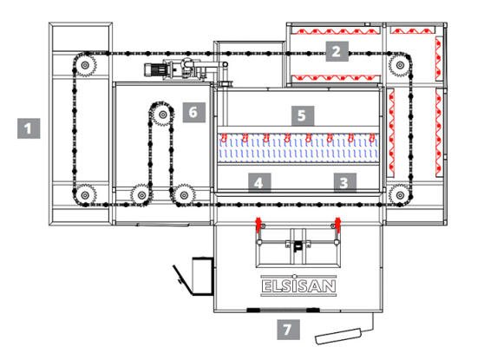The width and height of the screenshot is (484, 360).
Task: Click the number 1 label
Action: pyautogui.click(x=30, y=129)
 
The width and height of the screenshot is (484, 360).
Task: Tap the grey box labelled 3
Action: pyautogui.click(x=343, y=182)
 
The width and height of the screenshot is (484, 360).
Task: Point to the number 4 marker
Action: pyautogui.click(x=258, y=182)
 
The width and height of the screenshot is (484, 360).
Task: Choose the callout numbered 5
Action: pyautogui.click(x=300, y=115)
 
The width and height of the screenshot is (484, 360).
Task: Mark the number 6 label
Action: pyautogui.click(x=193, y=113)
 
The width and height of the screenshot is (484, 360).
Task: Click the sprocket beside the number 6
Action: pyautogui.click(x=162, y=115)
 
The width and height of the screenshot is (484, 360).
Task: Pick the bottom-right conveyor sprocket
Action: pyautogui.click(x=400, y=192)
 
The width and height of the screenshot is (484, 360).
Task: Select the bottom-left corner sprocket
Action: pyautogui.click(x=83, y=193)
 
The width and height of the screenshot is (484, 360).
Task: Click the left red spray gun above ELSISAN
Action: pyautogui.click(x=257, y=227)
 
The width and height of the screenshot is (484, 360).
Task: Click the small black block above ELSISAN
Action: pyautogui.click(x=297, y=246)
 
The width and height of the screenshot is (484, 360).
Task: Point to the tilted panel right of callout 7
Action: pyautogui.click(x=346, y=330)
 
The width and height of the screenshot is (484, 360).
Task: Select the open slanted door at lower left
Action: pyautogui.click(x=181, y=276)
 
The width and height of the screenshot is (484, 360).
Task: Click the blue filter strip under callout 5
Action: pyautogui.click(x=299, y=153)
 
